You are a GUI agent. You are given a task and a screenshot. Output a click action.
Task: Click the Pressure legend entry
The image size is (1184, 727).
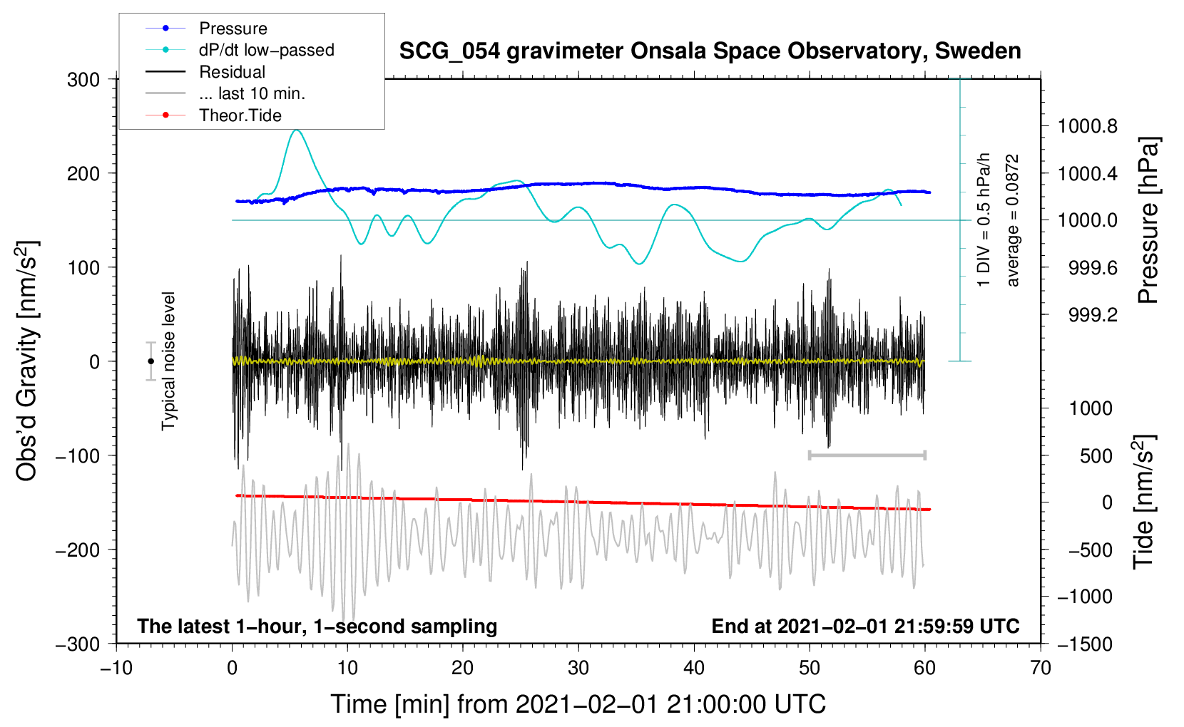click(x=233, y=29)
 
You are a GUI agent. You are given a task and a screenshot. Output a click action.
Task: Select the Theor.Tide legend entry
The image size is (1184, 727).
click(x=240, y=115)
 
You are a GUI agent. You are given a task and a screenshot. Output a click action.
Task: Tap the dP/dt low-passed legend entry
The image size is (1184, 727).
click(x=266, y=50)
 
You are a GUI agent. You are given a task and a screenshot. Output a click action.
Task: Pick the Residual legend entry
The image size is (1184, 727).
click(x=232, y=72)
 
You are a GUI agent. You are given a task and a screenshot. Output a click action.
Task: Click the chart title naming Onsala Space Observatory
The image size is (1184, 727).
click(x=710, y=51)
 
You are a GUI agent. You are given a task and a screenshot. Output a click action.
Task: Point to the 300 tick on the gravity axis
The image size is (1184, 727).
click(x=83, y=80)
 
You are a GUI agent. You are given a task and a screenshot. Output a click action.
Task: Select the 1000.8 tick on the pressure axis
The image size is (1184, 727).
click(x=1087, y=127)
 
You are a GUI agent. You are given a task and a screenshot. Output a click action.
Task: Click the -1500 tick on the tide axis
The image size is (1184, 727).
click(x=1084, y=644)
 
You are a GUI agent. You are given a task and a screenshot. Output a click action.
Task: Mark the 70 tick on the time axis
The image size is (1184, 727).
click(x=1041, y=668)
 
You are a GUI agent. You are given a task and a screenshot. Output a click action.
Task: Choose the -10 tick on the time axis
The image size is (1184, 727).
click(x=116, y=668)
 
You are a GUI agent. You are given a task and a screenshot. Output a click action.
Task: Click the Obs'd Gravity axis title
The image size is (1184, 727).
click(x=27, y=361)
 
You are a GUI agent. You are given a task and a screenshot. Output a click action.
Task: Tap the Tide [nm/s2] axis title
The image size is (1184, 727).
click(x=1143, y=502)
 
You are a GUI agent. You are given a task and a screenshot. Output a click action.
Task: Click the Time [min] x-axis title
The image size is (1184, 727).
click(x=578, y=704)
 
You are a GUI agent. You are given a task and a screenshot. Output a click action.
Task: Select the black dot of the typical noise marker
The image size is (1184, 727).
click(x=150, y=361)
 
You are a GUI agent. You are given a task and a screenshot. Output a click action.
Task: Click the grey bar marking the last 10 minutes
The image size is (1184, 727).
click(x=867, y=455)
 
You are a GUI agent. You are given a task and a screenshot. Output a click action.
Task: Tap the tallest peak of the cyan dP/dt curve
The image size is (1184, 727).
click(x=297, y=130)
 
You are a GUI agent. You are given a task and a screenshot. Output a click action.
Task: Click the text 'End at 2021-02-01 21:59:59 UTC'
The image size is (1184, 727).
click(x=865, y=626)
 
